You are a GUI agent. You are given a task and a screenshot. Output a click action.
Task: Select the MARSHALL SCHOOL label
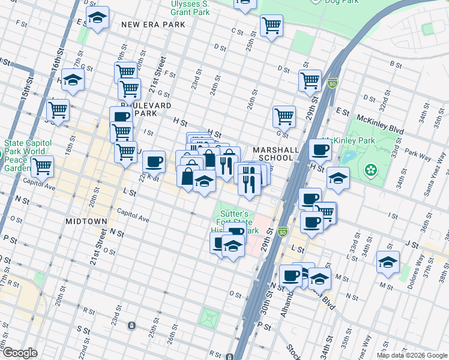click(273, 154)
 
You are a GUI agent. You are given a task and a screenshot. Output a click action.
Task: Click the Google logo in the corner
click(19, 353)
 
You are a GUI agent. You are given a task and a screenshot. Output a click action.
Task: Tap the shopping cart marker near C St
click(271, 26)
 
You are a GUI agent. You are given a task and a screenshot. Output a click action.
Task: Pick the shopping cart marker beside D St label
click(310, 80)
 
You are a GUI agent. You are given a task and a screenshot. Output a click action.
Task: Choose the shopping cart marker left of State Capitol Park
click(43, 166)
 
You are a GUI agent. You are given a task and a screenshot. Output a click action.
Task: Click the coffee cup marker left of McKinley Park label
click(320, 149)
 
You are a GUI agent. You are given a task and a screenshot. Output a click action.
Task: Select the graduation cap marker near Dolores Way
click(388, 262)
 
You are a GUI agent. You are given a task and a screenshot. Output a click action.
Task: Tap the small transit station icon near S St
click(131, 326)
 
